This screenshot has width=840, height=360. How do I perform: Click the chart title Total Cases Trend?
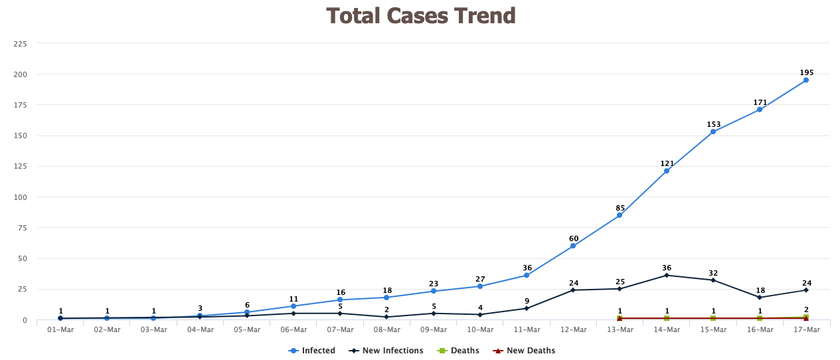coord(421,16)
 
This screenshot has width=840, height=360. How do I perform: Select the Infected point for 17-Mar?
coord(806,80)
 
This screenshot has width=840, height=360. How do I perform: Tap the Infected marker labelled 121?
coord(667,171)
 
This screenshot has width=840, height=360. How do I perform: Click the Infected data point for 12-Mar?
coord(573,246)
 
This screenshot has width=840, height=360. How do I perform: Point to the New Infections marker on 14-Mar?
coord(667,275)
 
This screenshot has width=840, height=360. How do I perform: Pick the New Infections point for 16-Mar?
coord(760,298)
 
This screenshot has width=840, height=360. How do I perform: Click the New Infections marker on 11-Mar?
coord(527,309)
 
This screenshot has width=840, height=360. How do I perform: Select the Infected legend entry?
coord(311,351)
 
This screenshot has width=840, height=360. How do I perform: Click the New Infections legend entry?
coord(386,351)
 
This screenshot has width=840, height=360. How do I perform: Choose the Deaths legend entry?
coord(458,351)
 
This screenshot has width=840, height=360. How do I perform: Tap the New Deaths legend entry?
coord(524,351)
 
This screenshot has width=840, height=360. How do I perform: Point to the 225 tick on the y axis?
coord(20,44)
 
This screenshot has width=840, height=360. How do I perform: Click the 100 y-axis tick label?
coord(20,197)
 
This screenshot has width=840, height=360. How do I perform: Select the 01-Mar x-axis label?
coord(60,329)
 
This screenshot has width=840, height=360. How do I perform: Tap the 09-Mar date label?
coord(434,329)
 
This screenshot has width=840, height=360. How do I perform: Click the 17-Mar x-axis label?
coord(807,329)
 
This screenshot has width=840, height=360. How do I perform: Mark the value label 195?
coord(807,73)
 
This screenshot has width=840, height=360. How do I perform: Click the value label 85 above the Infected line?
coord(620,208)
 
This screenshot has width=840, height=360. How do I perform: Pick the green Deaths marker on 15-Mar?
coord(713,318)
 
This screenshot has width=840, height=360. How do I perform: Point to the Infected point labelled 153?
coord(713,132)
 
